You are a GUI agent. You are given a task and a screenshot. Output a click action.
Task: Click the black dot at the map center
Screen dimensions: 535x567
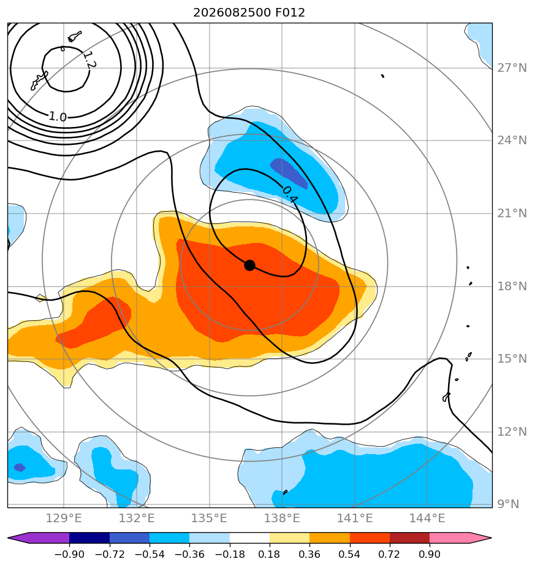[x=249, y=266]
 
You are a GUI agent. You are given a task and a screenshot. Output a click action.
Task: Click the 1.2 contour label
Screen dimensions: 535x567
[x=89, y=60]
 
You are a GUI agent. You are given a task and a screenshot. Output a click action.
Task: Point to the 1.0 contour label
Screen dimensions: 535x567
[x=58, y=117]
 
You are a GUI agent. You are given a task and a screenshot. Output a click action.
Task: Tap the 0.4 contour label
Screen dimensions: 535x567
[x=290, y=195]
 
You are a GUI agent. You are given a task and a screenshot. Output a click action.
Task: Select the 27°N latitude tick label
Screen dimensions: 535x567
[x=512, y=68]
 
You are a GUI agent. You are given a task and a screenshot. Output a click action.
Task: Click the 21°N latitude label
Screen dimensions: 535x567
[x=512, y=214]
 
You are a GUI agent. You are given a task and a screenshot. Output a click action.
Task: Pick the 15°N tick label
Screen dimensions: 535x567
[x=512, y=359]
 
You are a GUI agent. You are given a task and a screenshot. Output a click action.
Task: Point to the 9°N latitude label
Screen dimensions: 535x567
[x=508, y=504]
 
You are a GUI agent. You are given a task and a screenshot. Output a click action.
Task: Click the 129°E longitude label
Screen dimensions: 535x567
[x=64, y=518]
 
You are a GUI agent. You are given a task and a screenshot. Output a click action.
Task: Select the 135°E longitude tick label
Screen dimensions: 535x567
[x=209, y=518]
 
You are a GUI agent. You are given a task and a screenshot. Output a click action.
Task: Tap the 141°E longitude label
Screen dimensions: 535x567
[x=355, y=518]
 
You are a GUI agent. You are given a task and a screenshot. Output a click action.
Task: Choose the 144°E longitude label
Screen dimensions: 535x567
[x=427, y=518]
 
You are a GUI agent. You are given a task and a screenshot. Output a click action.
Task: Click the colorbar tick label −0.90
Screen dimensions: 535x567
[x=69, y=554]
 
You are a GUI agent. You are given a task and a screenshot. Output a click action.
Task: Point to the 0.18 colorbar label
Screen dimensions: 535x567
[x=270, y=554]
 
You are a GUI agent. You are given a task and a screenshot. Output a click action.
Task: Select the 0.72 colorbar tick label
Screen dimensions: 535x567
[x=389, y=554]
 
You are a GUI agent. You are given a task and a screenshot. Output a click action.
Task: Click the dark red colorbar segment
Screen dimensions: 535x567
[x=409, y=538]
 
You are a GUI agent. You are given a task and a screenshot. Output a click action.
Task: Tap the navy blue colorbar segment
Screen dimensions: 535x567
[x=89, y=538]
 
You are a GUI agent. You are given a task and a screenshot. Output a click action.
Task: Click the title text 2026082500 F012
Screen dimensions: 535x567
[x=249, y=13]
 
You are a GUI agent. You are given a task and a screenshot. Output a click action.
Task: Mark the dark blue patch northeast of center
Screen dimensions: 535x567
[x=289, y=173]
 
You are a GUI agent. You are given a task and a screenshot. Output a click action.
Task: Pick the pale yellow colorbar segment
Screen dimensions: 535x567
[x=290, y=538]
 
